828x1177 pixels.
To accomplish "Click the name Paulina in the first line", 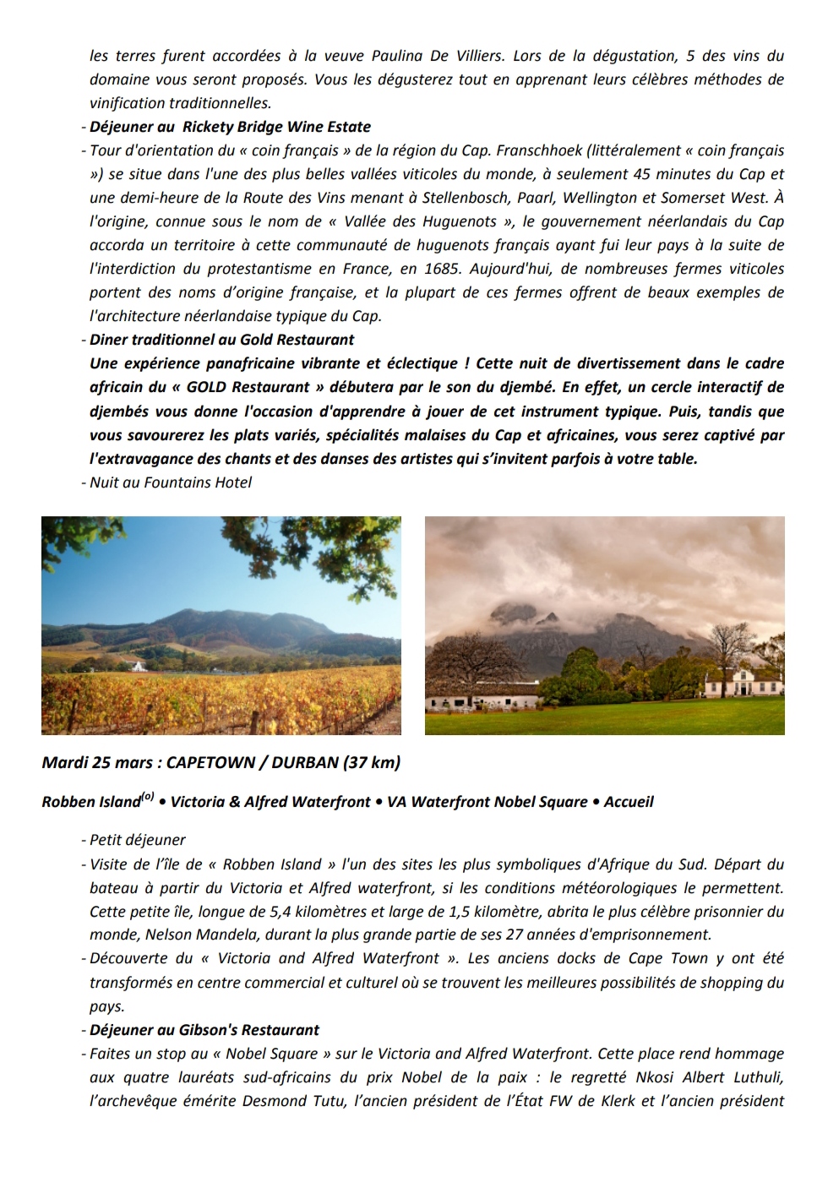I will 398,56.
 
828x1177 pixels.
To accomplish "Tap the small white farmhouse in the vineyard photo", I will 138,667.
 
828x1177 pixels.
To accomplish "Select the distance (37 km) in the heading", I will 372,762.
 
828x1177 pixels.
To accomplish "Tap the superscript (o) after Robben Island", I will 148,796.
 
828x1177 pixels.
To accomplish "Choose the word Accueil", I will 629,802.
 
